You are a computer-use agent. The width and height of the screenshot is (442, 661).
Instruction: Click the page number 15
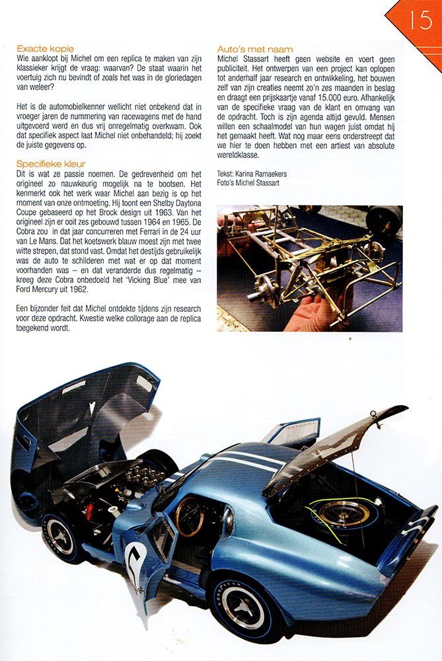[x=420, y=19]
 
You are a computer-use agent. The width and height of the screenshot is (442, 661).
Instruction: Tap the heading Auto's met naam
[x=255, y=49]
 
